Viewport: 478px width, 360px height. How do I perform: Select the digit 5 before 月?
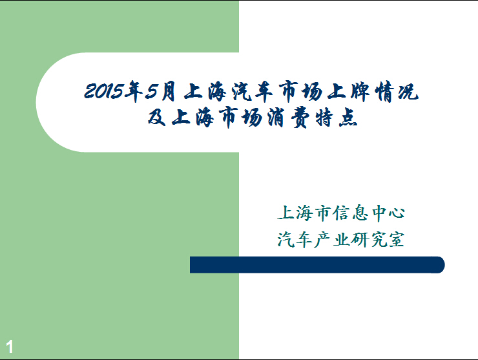tap(152, 92)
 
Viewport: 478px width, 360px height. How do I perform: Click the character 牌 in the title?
tap(360, 91)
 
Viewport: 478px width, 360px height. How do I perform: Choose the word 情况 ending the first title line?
tap(397, 91)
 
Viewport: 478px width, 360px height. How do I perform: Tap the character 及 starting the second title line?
tap(157, 117)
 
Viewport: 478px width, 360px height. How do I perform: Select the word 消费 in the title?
tap(289, 118)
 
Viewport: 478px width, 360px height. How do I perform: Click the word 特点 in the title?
tap(337, 118)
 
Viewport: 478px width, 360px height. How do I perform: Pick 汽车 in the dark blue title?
tap(251, 91)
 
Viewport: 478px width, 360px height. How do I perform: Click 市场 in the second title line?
tap(242, 118)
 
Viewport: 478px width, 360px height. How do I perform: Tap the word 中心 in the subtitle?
tap(388, 213)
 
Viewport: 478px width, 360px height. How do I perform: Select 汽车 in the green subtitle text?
tap(294, 239)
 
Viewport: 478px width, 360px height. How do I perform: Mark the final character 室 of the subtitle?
tap(396, 239)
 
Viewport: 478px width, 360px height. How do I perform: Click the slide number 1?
tap(10, 347)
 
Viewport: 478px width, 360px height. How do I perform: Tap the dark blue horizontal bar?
tap(317, 265)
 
